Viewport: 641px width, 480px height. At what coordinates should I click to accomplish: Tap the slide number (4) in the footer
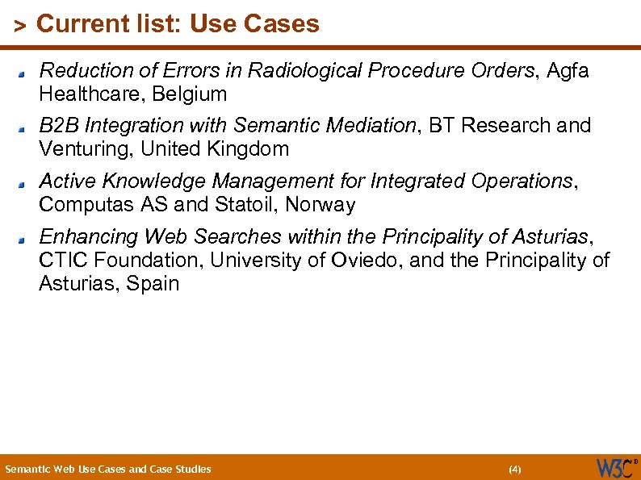(x=515, y=469)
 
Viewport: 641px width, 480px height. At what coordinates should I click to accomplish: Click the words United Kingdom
(x=215, y=149)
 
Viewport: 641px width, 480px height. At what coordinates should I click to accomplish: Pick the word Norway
(x=321, y=205)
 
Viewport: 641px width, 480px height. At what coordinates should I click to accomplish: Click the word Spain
(x=153, y=284)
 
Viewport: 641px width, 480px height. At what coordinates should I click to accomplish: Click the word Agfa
(x=568, y=71)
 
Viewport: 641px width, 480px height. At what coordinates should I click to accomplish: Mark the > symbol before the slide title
(x=21, y=26)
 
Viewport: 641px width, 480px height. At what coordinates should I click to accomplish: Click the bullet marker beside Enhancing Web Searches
(x=26, y=239)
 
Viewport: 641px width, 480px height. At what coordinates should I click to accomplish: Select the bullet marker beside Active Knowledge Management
(x=26, y=183)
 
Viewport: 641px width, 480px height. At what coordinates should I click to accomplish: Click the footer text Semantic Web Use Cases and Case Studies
(x=108, y=469)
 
